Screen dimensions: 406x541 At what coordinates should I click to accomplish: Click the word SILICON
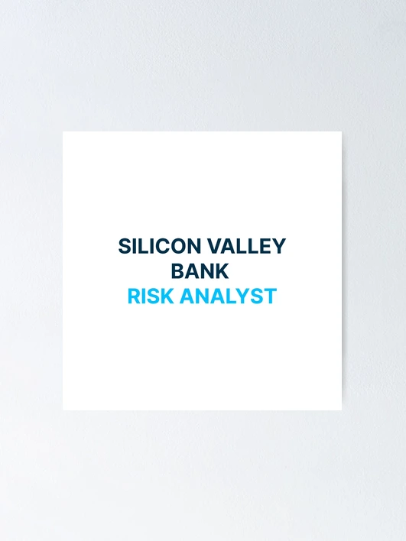pos(160,246)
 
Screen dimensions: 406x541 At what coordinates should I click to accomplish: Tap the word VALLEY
pos(246,246)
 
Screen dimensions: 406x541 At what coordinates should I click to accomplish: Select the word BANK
pos(200,270)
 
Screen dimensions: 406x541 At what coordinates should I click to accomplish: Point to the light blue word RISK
pos(151,296)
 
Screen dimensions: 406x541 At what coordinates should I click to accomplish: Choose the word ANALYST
pos(228,296)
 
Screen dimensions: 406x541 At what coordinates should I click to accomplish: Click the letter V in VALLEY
pos(214,246)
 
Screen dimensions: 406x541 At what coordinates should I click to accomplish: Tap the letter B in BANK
pos(178,270)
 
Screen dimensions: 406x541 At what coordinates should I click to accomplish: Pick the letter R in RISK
pos(135,296)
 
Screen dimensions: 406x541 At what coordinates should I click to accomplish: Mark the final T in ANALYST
pos(271,296)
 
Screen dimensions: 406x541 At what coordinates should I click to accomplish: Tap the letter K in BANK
pos(222,270)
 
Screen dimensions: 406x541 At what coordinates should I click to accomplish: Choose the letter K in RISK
pos(167,296)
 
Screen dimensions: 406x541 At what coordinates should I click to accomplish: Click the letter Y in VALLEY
pos(278,246)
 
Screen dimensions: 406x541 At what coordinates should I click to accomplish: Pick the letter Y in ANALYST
pos(242,296)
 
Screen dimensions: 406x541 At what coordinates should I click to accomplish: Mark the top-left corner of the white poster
pos(63,131)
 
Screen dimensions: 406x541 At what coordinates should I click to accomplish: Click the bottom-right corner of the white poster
pos(342,410)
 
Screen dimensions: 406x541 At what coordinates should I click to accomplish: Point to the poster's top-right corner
pos(342,131)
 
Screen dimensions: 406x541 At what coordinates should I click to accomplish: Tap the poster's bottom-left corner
pos(63,410)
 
